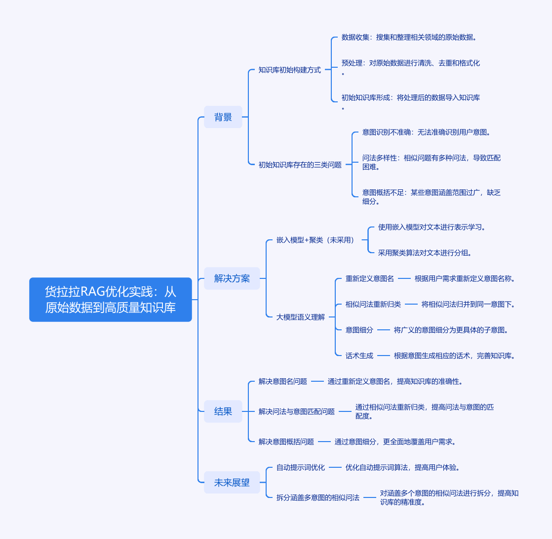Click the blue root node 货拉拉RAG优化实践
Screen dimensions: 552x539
point(111,300)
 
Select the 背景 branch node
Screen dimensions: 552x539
point(223,117)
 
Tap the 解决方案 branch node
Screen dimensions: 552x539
point(232,278)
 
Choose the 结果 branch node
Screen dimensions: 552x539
point(223,411)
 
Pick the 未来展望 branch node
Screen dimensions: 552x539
point(232,483)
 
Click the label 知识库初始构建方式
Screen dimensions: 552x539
point(290,70)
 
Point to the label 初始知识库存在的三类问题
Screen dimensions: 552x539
point(300,165)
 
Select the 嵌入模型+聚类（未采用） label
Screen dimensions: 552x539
point(315,240)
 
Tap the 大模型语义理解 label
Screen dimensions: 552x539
point(301,317)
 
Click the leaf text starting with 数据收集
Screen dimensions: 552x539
point(409,38)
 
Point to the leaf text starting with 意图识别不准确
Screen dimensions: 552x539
point(426,132)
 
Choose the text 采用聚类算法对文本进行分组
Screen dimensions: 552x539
point(425,253)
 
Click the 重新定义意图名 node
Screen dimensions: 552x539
point(370,278)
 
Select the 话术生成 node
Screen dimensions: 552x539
point(359,356)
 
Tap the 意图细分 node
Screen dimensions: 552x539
point(359,330)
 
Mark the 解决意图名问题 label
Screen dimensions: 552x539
point(283,381)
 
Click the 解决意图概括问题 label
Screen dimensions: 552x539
point(286,442)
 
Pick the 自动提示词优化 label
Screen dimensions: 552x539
point(301,467)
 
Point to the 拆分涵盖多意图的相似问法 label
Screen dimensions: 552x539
point(318,497)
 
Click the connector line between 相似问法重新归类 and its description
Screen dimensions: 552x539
point(411,304)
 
